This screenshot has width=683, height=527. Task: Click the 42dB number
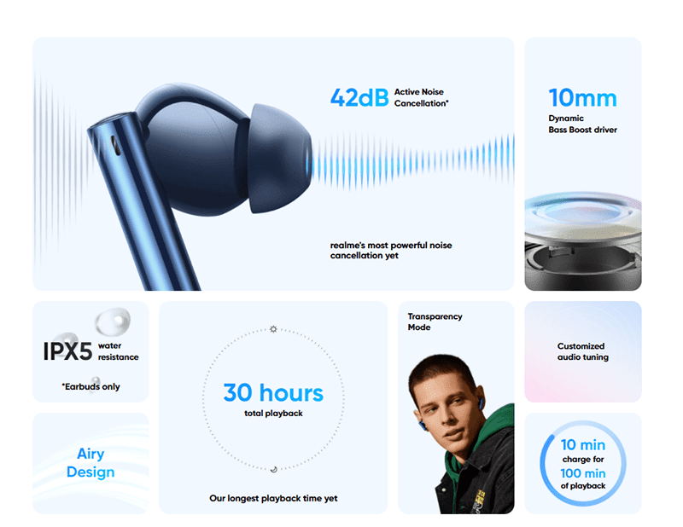[x=359, y=97]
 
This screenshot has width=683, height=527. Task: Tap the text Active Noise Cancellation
[x=421, y=97]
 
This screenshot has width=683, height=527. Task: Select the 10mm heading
[x=582, y=98]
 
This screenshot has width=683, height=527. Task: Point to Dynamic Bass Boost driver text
[x=582, y=124]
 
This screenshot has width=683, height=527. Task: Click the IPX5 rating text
[x=67, y=351]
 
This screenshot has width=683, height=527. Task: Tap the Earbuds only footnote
[x=90, y=386]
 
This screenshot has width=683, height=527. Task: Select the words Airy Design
[x=90, y=462]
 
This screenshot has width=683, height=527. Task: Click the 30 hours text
[x=273, y=392]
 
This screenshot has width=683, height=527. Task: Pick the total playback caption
[x=273, y=414]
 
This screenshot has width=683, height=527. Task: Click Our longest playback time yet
[x=273, y=498]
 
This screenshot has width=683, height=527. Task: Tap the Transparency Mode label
[x=435, y=321]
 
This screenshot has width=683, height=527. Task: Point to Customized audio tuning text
[x=583, y=351]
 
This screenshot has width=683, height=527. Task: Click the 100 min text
[x=583, y=473]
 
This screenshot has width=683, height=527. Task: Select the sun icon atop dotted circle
[x=273, y=329]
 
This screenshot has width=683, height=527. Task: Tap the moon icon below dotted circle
[x=273, y=469]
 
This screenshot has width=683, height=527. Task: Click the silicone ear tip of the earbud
[x=280, y=159]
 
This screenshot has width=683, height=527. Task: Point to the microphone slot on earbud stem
[x=116, y=145]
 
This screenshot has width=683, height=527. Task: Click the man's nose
[x=440, y=418]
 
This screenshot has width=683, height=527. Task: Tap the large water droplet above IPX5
[x=113, y=321]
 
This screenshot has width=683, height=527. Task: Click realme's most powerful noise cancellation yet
[x=391, y=250]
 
